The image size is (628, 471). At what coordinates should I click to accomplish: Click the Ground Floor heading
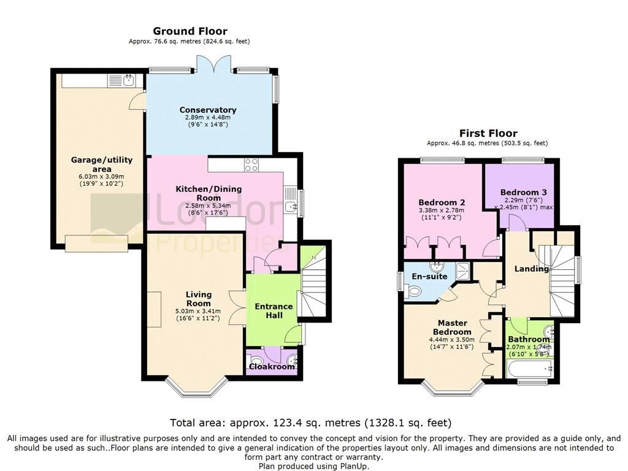(x=190, y=31)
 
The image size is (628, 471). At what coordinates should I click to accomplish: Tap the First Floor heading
(x=488, y=133)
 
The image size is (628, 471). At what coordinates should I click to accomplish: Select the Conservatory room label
(x=208, y=110)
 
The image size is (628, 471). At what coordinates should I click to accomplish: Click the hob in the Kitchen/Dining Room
(x=251, y=164)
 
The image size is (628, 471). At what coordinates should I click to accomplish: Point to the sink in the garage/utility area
(x=128, y=80)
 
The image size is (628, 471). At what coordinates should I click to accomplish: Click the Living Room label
(x=198, y=299)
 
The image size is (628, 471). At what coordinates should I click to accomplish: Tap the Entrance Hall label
(x=274, y=311)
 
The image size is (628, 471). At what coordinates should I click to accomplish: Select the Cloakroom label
(x=272, y=367)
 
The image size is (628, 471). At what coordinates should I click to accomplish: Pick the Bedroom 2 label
(x=442, y=202)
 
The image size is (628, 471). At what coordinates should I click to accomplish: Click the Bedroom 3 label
(x=524, y=192)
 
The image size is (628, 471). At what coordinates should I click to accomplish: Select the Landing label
(x=532, y=269)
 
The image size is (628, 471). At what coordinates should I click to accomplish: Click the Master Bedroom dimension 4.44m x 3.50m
(x=452, y=340)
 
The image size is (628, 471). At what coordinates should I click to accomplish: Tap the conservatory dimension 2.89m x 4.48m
(x=208, y=117)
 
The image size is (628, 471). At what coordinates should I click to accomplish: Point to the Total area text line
(x=311, y=423)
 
